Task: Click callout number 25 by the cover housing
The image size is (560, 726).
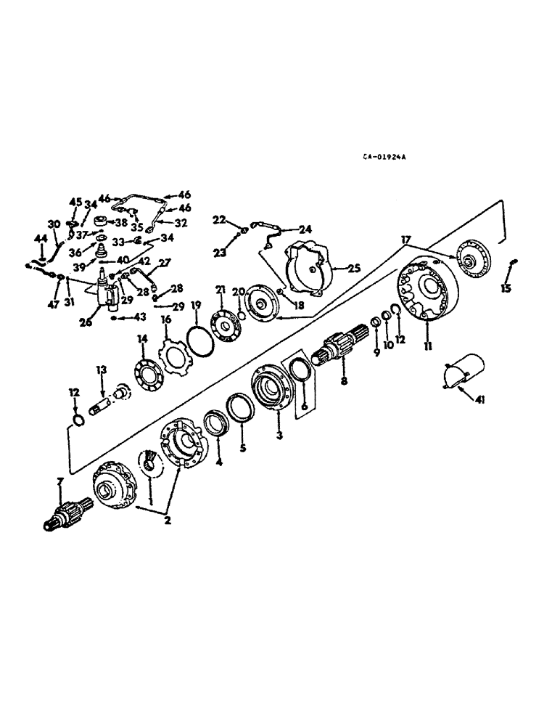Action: pyautogui.click(x=353, y=268)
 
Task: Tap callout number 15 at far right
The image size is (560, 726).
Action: pyautogui.click(x=506, y=288)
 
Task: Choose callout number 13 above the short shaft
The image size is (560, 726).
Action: pyautogui.click(x=102, y=370)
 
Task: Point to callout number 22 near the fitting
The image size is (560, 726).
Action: pyautogui.click(x=219, y=219)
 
